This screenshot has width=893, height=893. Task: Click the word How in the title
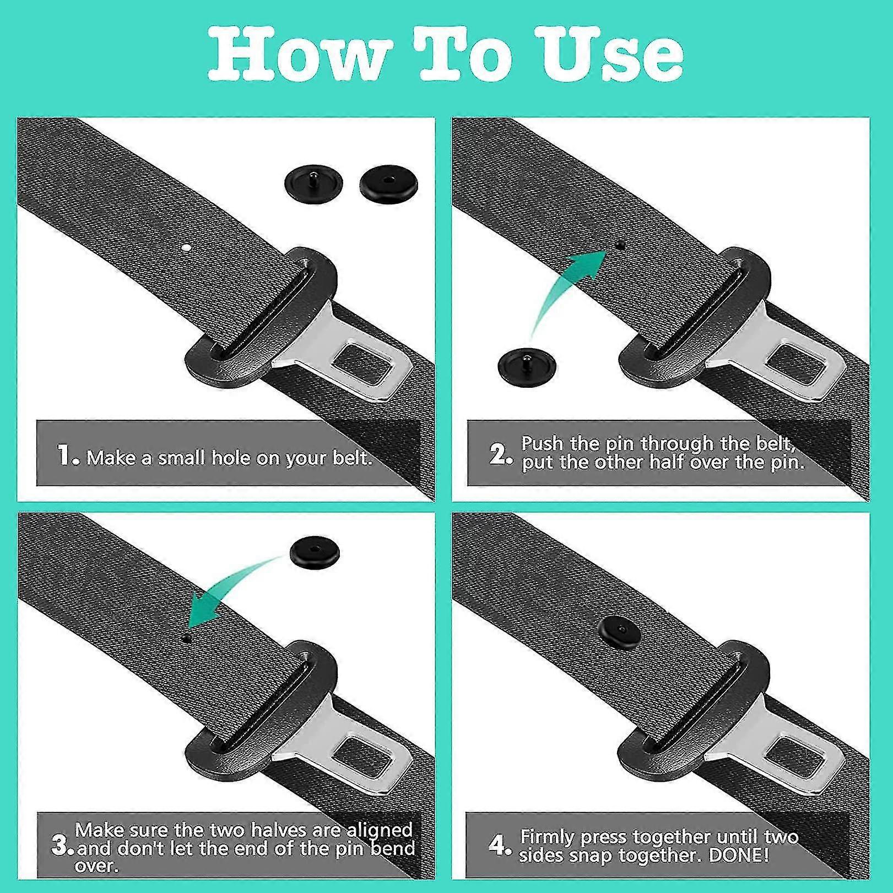click(x=300, y=53)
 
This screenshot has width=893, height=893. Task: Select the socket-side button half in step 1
click(x=388, y=182)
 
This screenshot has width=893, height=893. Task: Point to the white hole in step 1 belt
click(x=187, y=248)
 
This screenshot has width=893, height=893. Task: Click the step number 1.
click(x=68, y=456)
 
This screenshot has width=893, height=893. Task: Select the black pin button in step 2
click(x=526, y=366)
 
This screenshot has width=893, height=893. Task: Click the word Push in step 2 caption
click(x=543, y=443)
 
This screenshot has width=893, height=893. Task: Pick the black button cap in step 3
click(x=315, y=552)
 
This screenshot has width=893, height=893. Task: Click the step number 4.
click(x=500, y=845)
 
